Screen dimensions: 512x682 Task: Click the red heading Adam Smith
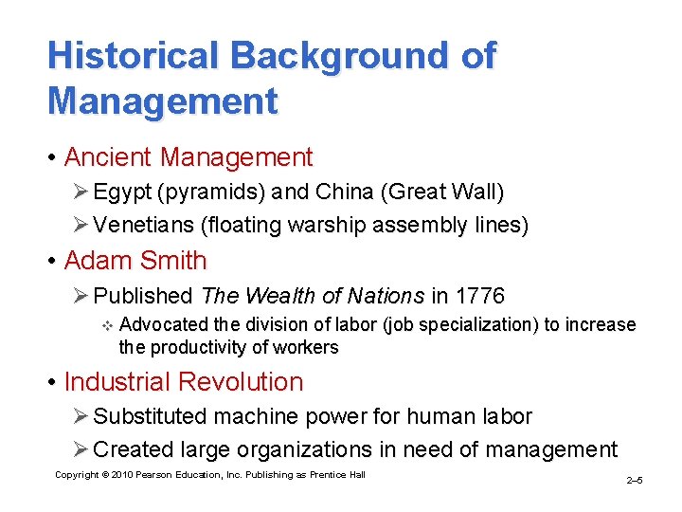point(135,260)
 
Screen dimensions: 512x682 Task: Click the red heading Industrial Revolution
point(184,382)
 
